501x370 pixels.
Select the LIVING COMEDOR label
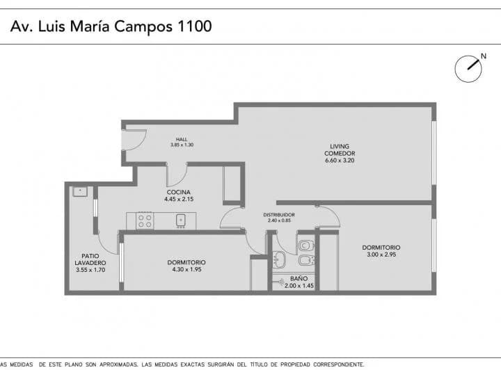(340, 150)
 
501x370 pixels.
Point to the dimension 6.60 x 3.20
(340, 161)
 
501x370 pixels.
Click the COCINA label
(178, 192)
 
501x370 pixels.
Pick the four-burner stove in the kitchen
(145, 220)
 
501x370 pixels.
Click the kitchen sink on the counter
(181, 220)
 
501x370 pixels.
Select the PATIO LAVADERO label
(90, 259)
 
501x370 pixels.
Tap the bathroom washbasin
(278, 260)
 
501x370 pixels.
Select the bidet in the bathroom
(306, 261)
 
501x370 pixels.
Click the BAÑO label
(299, 278)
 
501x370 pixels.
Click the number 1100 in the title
(193, 26)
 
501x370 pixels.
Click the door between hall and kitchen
(177, 173)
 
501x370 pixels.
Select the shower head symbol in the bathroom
(280, 283)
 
